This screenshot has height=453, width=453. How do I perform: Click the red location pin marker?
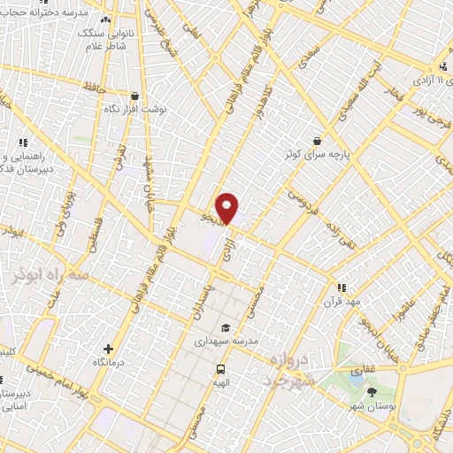(228, 207)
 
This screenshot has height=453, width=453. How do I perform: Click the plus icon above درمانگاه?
(108, 349)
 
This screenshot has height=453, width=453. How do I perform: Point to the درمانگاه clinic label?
(108, 363)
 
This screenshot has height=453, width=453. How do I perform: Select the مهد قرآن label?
(343, 302)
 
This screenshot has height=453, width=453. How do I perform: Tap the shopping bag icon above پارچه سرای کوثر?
(317, 140)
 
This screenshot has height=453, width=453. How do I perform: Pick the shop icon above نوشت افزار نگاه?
(134, 96)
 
